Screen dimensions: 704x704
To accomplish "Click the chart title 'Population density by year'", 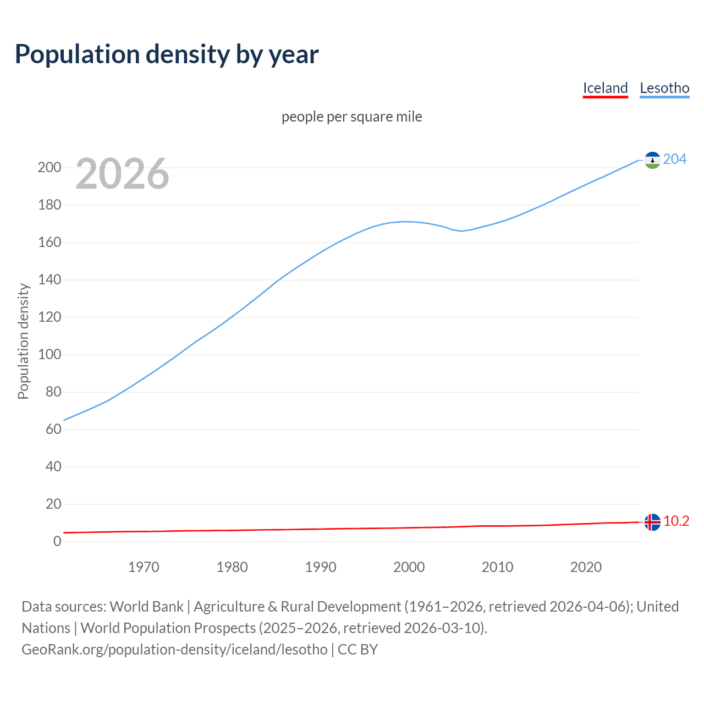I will [167, 54].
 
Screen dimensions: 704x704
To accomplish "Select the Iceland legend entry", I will [605, 89].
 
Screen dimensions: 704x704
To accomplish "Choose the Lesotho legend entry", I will [664, 89].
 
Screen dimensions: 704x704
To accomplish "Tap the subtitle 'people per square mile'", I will [352, 117].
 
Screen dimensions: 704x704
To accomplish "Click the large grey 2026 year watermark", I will [122, 174].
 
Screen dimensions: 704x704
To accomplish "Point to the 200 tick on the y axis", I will [50, 168].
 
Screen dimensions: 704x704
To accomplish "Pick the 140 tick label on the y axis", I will [50, 280].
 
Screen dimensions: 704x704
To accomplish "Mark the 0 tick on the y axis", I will [57, 542].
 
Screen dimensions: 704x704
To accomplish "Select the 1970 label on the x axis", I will [144, 567].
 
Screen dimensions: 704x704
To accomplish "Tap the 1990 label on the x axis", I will [321, 567].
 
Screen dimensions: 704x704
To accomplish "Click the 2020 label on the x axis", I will [586, 567].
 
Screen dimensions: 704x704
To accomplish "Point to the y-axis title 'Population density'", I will [23, 341].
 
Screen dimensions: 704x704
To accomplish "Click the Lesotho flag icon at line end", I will [652, 160].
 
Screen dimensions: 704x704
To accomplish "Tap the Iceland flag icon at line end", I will [652, 522].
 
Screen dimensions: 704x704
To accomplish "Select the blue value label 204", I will [675, 159].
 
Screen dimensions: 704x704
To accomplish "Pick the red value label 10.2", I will [676, 521].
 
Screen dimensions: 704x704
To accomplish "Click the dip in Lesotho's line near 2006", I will [461, 231].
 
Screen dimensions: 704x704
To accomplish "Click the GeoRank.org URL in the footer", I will [174, 650].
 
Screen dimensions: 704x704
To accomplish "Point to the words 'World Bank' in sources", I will [146, 607].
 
